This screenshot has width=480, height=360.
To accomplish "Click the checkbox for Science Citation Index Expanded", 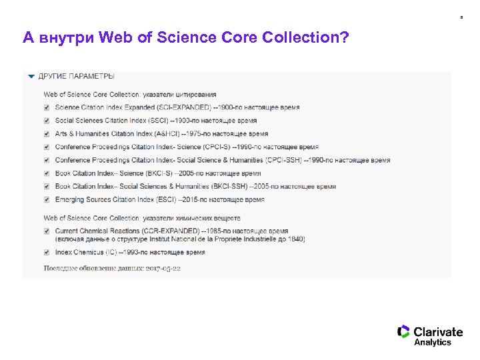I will point(46,107).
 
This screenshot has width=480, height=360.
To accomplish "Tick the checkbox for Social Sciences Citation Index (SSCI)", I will point(46,121).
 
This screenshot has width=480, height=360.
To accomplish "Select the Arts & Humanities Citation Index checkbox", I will point(46,133).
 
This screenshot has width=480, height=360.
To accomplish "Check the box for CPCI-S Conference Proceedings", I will point(46,147).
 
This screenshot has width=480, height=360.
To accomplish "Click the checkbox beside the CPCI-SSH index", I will point(46,160).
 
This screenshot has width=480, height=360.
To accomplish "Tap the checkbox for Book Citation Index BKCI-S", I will point(46,173).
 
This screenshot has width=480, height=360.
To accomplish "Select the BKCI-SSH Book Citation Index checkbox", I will point(46,186).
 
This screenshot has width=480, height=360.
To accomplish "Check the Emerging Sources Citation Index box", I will point(46,199).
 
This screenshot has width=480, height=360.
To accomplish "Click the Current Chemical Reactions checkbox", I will point(46,231).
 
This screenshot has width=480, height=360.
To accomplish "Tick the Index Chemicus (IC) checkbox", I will point(46,253).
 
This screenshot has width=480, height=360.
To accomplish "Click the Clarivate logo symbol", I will point(404,331).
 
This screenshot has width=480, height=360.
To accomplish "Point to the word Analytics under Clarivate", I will point(433,343).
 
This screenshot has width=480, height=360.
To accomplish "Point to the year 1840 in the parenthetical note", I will point(296,239).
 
